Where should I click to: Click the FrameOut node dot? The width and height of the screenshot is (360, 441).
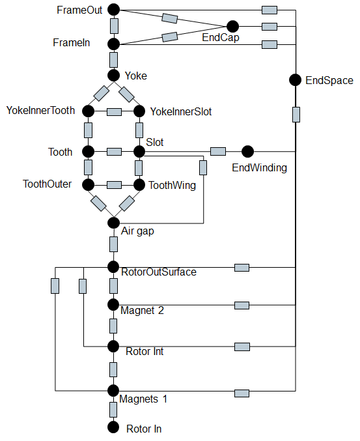click(113, 9)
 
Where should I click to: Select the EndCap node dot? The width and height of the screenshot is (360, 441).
click(232, 26)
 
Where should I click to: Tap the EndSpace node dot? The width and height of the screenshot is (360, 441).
click(296, 80)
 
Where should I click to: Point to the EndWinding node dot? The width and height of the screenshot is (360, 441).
click(247, 152)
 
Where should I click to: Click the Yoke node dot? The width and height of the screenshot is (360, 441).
click(113, 76)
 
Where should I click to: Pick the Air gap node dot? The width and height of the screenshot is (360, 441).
click(113, 223)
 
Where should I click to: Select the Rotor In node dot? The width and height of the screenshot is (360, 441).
click(113, 427)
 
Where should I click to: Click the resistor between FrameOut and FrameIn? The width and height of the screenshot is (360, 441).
click(114, 26)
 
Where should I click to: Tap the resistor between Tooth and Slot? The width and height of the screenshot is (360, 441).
click(113, 152)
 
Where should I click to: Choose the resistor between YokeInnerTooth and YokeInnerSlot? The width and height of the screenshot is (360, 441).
click(113, 111)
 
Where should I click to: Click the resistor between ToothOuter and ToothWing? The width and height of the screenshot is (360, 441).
click(113, 184)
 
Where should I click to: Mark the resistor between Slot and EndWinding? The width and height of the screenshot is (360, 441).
click(217, 152)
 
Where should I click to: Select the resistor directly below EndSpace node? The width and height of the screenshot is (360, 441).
click(296, 115)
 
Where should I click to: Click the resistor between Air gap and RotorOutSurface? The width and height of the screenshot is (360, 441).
click(114, 244)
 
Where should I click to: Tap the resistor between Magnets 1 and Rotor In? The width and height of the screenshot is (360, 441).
click(114, 409)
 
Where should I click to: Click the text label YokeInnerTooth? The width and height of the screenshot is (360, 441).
click(41, 111)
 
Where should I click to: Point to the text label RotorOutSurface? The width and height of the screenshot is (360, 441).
click(159, 272)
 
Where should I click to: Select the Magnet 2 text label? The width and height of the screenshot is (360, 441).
click(142, 310)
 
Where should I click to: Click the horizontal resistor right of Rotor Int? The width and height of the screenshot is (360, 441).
click(242, 345)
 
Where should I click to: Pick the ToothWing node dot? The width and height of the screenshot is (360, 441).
click(139, 184)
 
